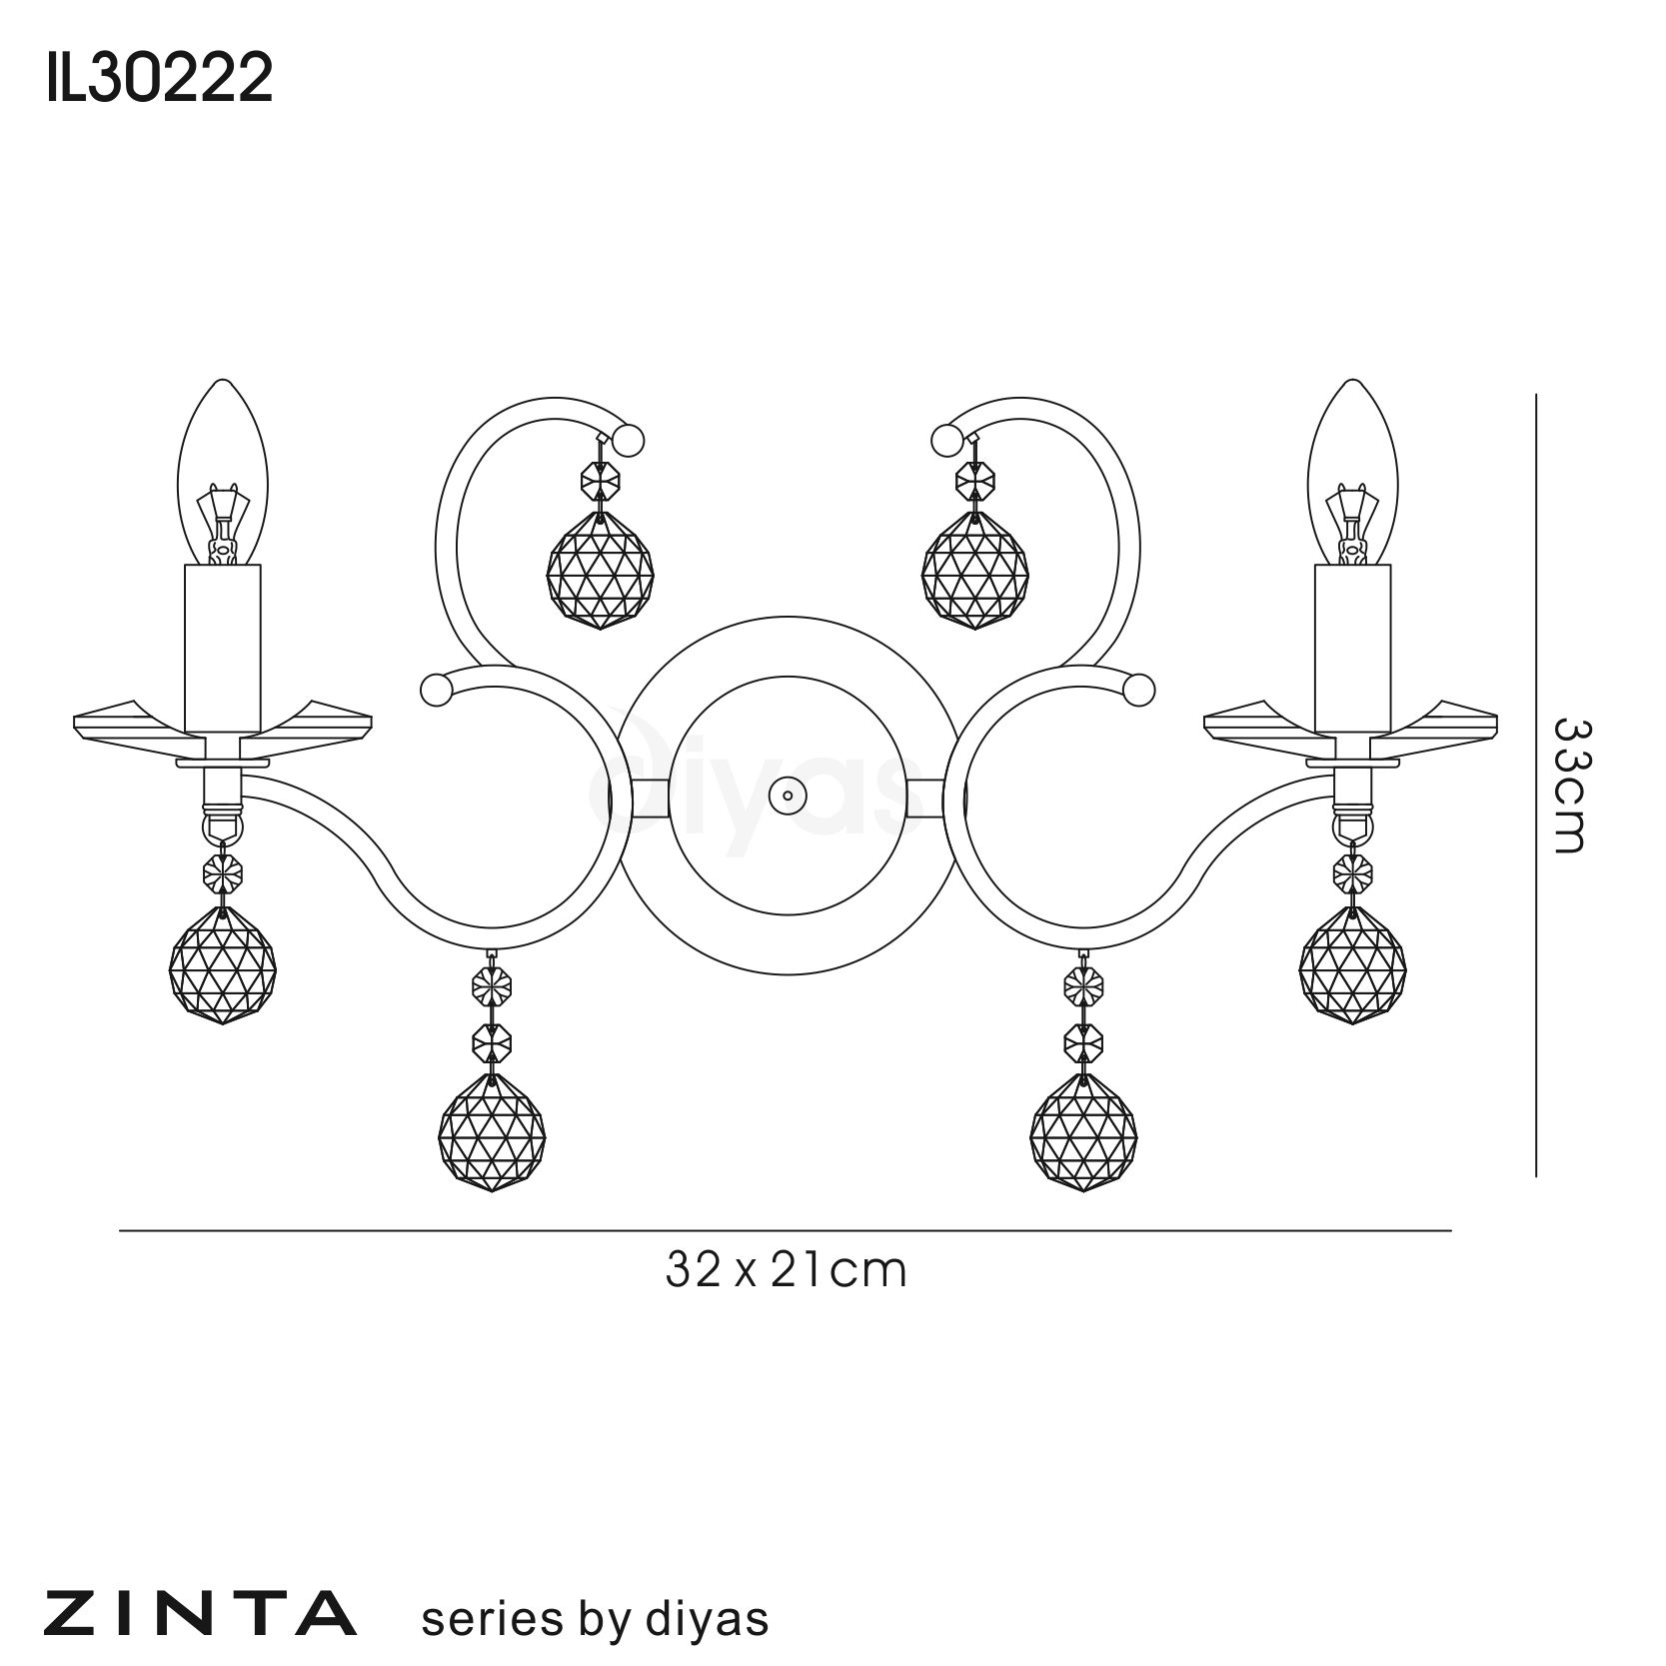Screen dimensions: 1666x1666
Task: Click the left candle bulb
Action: click(x=222, y=472)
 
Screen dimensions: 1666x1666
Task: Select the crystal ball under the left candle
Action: click(x=223, y=962)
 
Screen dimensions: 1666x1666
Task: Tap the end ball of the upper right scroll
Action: click(x=944, y=439)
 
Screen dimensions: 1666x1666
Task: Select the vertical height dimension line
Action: click(x=1535, y=785)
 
